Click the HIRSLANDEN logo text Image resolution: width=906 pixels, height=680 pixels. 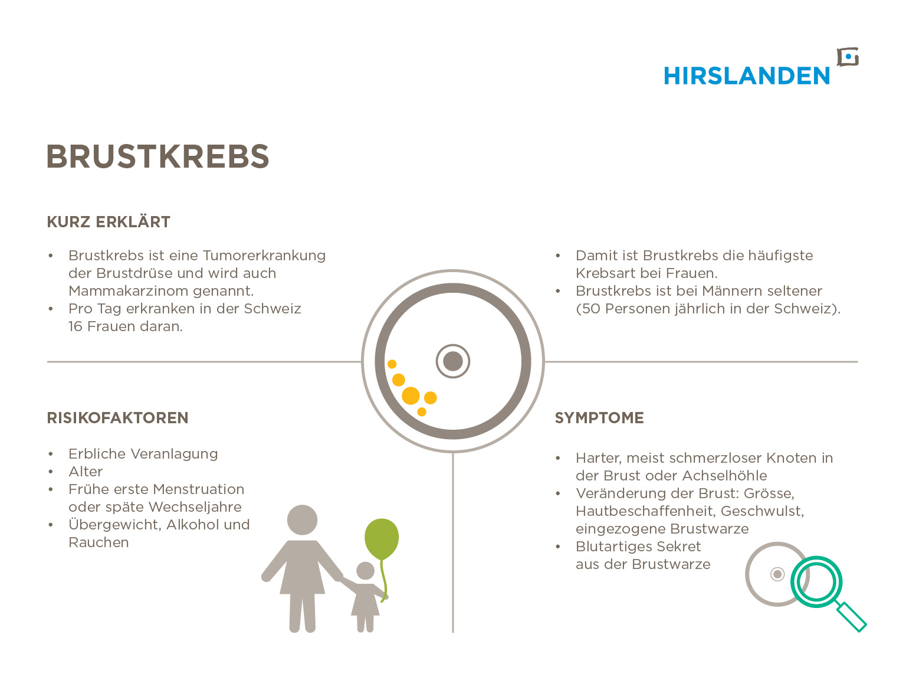coord(746,76)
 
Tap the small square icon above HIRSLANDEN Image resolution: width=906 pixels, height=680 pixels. coord(848,57)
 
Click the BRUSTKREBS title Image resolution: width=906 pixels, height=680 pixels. coord(157,156)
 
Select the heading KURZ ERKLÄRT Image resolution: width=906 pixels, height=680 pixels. coord(108,222)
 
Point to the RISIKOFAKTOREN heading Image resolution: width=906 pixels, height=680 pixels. coord(117,418)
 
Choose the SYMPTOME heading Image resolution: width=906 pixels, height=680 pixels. coord(599,418)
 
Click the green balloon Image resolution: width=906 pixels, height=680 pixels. coord(382,539)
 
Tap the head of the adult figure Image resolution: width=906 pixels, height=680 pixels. coord(302,520)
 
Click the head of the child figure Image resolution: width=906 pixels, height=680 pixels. coord(365,571)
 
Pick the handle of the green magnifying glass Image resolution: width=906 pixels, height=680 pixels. coord(851,617)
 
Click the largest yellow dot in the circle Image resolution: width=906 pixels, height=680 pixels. coord(411,395)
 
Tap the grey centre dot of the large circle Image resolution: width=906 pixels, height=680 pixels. coord(453,361)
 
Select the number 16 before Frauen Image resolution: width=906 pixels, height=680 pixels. coord(75,326)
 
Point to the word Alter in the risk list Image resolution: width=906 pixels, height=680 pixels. coord(86,472)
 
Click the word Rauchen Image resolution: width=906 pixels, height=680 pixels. coord(99,542)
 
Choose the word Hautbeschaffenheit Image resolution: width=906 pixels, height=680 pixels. coord(645,511)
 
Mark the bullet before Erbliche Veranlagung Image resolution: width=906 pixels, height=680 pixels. coord(50,454)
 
